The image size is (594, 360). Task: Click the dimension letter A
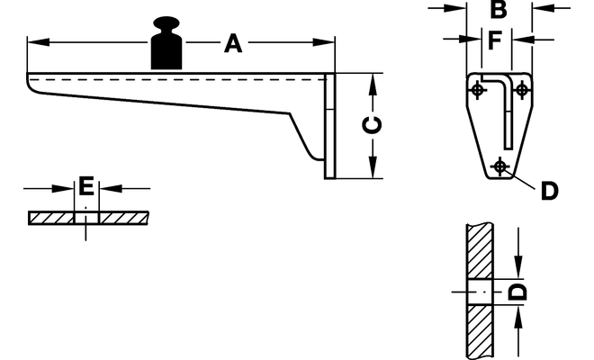233,43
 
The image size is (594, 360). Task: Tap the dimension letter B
499,10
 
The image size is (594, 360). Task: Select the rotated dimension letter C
372,125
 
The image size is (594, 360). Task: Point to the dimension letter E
86,185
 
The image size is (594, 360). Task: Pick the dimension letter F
495,40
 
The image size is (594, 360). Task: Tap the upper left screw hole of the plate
478,90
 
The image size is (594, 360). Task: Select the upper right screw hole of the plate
522,90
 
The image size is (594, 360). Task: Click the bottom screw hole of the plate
500,166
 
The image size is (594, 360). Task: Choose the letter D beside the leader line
550,191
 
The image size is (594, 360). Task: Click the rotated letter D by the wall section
517,292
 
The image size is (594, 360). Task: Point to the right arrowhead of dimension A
324,41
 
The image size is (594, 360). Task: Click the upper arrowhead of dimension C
373,84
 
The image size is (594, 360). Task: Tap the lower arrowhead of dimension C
373,167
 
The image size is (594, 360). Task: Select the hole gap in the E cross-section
86,218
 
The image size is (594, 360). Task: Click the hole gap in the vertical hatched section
481,292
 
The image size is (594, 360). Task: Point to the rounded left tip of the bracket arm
30,84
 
